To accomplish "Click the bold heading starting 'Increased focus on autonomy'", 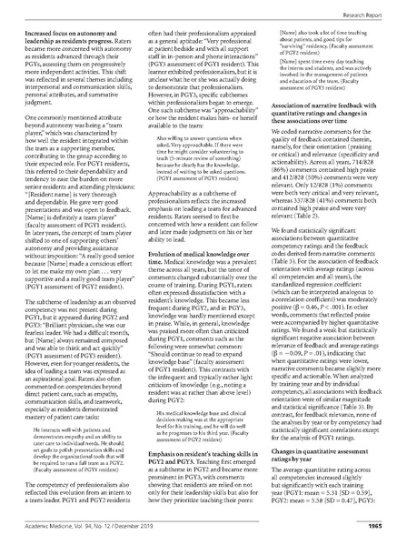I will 83,35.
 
